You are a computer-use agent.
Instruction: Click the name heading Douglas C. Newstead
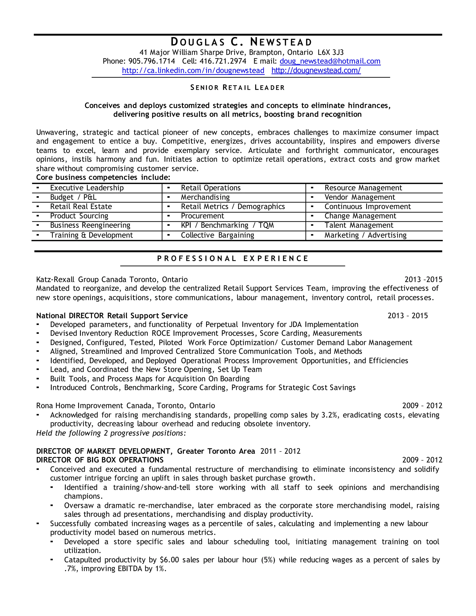point(241,42)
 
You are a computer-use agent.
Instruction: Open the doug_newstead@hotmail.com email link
point(330,61)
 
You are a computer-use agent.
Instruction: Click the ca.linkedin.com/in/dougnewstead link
point(193,70)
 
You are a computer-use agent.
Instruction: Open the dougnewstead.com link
point(316,70)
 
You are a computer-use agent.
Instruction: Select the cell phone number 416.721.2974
point(223,61)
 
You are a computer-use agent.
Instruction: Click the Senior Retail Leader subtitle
point(238,88)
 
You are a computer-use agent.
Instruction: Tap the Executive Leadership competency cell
point(87,188)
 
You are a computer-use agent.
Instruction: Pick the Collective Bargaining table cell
point(217,235)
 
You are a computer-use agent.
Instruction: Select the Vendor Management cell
point(360,197)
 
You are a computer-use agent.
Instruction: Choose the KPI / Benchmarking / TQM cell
point(227,225)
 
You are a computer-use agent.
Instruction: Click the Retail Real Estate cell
point(81,206)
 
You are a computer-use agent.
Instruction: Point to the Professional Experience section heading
point(233,259)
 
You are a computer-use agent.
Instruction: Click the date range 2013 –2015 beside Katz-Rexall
point(423,279)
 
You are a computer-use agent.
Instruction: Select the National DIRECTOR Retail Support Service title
point(112,316)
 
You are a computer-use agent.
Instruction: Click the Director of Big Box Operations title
point(100,460)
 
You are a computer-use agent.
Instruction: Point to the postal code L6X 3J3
point(331,53)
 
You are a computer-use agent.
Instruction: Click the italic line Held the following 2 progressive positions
point(111,433)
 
